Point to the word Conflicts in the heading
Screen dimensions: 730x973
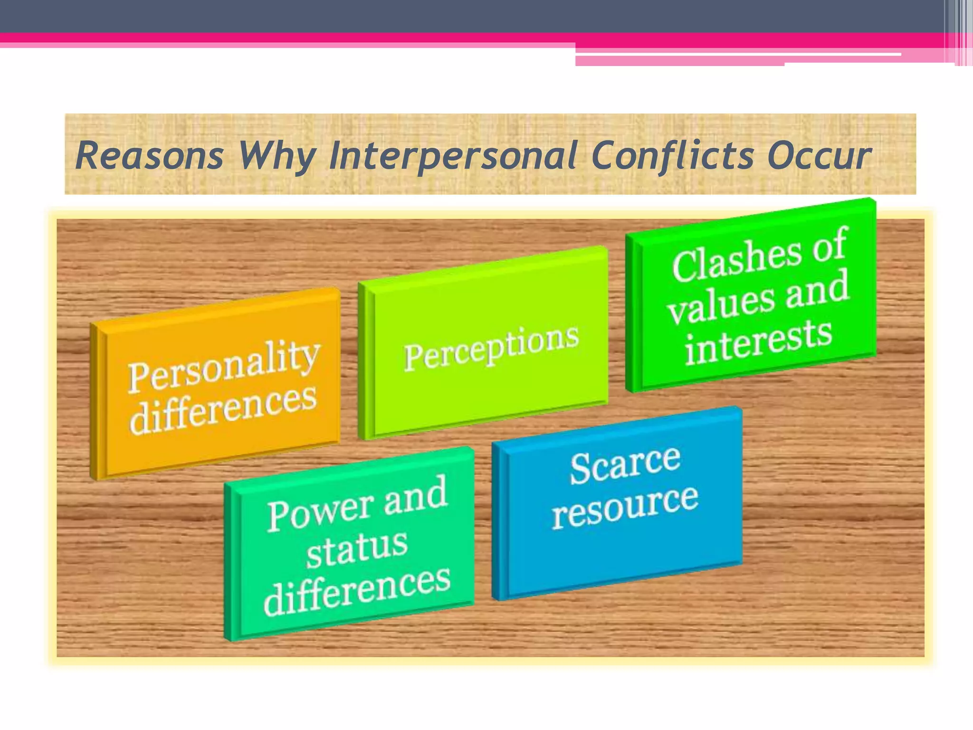tap(673, 155)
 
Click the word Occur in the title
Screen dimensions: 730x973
tap(820, 156)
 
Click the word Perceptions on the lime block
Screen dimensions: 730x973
tap(491, 347)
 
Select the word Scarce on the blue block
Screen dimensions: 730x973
tap(625, 465)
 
